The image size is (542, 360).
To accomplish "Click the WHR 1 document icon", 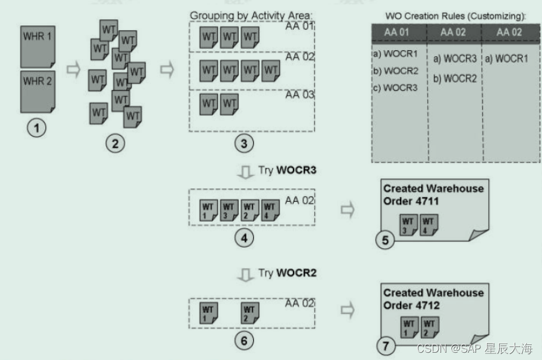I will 37,45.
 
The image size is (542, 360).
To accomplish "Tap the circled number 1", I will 37,129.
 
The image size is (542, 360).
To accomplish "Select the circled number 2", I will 115,143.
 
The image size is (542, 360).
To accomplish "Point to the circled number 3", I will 244,143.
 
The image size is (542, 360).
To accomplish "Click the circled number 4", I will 244,237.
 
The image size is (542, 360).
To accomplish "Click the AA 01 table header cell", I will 399,33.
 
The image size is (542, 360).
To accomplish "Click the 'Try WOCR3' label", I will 287,170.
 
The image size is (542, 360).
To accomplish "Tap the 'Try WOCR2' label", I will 287,273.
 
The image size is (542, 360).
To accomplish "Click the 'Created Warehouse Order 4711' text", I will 433,194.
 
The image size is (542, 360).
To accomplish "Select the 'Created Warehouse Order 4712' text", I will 433,299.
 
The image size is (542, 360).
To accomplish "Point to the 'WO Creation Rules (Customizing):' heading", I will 455,14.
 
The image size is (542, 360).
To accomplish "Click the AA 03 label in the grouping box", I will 300,95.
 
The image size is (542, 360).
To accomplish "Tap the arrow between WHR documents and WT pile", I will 73,69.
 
